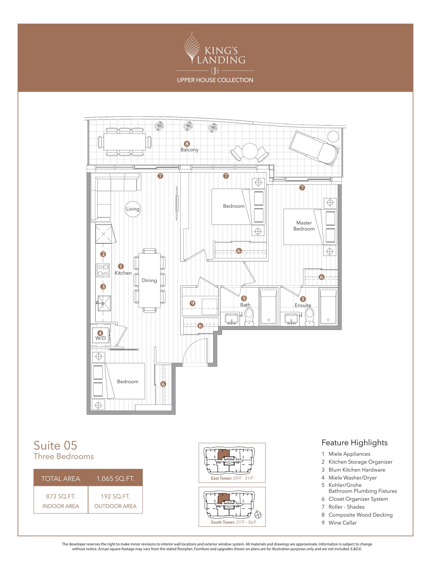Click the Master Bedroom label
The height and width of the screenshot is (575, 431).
point(304,226)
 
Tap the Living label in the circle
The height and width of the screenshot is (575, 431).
point(132,209)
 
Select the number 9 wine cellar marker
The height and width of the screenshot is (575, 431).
point(192,303)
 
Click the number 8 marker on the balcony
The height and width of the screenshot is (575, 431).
point(186,144)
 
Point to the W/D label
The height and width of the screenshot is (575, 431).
point(101,338)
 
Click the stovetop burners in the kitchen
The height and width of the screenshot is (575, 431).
point(103,270)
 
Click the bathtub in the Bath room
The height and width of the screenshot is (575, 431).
point(268,307)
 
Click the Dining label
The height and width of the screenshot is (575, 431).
point(149,280)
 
